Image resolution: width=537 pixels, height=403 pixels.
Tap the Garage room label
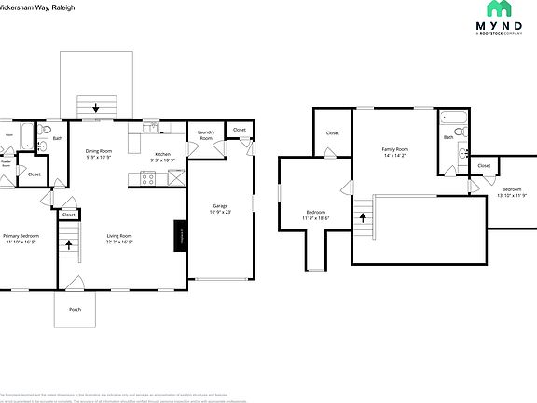(x=220, y=206)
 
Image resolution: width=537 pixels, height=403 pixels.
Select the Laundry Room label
(x=206, y=135)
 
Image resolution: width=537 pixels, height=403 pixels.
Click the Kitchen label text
(x=162, y=154)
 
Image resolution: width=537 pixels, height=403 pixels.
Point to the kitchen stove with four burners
(x=147, y=179)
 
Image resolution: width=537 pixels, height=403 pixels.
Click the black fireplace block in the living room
(x=181, y=237)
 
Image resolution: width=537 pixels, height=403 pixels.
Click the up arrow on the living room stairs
(x=68, y=245)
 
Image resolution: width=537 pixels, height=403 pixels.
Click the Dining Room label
(x=99, y=151)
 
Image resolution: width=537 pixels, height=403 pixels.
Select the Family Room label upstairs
(x=395, y=149)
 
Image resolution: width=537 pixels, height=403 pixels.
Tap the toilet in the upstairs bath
(x=458, y=155)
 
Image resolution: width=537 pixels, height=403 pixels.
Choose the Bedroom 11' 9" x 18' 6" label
(x=314, y=216)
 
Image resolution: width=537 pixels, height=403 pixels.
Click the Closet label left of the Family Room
(x=333, y=133)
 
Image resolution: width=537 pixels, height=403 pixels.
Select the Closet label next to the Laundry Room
(x=240, y=130)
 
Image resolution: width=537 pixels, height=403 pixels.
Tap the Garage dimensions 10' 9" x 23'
(x=220, y=213)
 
